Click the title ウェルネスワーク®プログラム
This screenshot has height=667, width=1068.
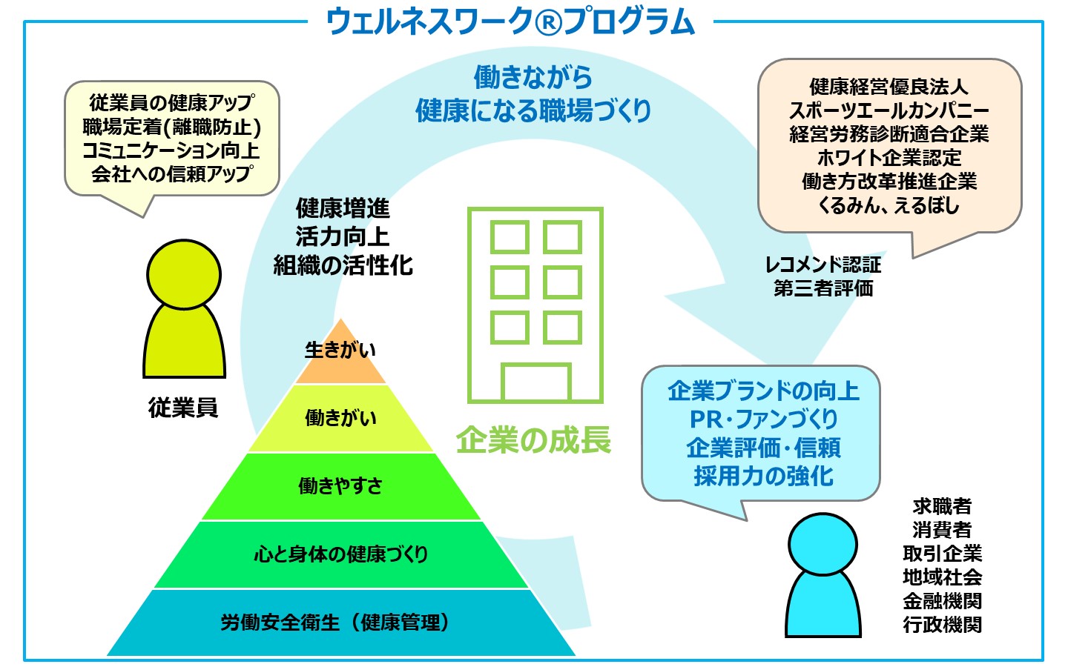tap(510, 22)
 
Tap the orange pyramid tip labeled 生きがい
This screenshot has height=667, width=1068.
tap(340, 355)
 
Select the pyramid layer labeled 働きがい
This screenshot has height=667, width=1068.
tap(340, 418)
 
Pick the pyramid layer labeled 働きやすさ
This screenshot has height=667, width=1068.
tap(340, 486)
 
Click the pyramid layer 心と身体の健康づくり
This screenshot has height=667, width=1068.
tap(340, 554)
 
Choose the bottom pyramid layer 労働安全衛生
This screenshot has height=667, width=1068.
tap(340, 623)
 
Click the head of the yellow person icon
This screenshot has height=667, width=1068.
tap(184, 275)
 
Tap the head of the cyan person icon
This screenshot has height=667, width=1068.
tap(823, 545)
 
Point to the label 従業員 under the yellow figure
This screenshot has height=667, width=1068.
tap(183, 408)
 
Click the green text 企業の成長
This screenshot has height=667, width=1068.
tap(533, 440)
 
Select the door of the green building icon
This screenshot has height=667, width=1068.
tap(536, 382)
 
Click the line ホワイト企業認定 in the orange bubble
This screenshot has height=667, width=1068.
tap(889, 158)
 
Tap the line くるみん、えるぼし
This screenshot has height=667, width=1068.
tap(889, 205)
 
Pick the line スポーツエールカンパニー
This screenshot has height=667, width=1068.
tap(889, 110)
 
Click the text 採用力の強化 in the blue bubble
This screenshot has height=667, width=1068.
tap(763, 476)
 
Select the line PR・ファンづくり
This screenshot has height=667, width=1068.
tap(763, 419)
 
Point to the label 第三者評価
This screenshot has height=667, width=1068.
tap(823, 288)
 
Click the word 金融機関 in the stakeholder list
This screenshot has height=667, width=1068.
tap(942, 601)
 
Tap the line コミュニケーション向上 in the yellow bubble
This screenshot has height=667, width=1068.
tap(171, 150)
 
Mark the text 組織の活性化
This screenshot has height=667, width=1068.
tap(343, 265)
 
